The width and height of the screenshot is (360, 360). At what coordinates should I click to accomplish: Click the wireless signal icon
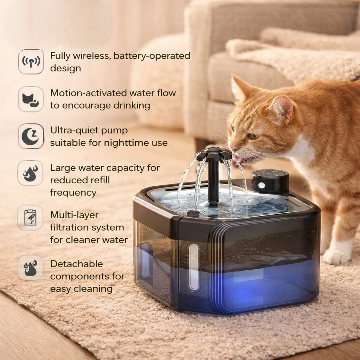click(31, 62)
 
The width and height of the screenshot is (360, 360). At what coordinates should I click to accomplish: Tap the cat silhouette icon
click(31, 99)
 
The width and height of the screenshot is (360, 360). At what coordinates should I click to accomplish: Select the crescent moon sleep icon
click(31, 136)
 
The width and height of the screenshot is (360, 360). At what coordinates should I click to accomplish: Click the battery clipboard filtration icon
click(31, 217)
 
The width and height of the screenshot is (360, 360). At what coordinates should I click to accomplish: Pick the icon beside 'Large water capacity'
click(31, 173)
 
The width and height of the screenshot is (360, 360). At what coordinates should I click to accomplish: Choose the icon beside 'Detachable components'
click(31, 268)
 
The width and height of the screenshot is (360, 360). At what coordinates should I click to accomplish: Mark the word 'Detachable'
click(76, 264)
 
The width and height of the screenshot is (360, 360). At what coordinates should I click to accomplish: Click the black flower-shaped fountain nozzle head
click(214, 154)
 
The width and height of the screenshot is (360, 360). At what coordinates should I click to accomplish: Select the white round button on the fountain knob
click(262, 185)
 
